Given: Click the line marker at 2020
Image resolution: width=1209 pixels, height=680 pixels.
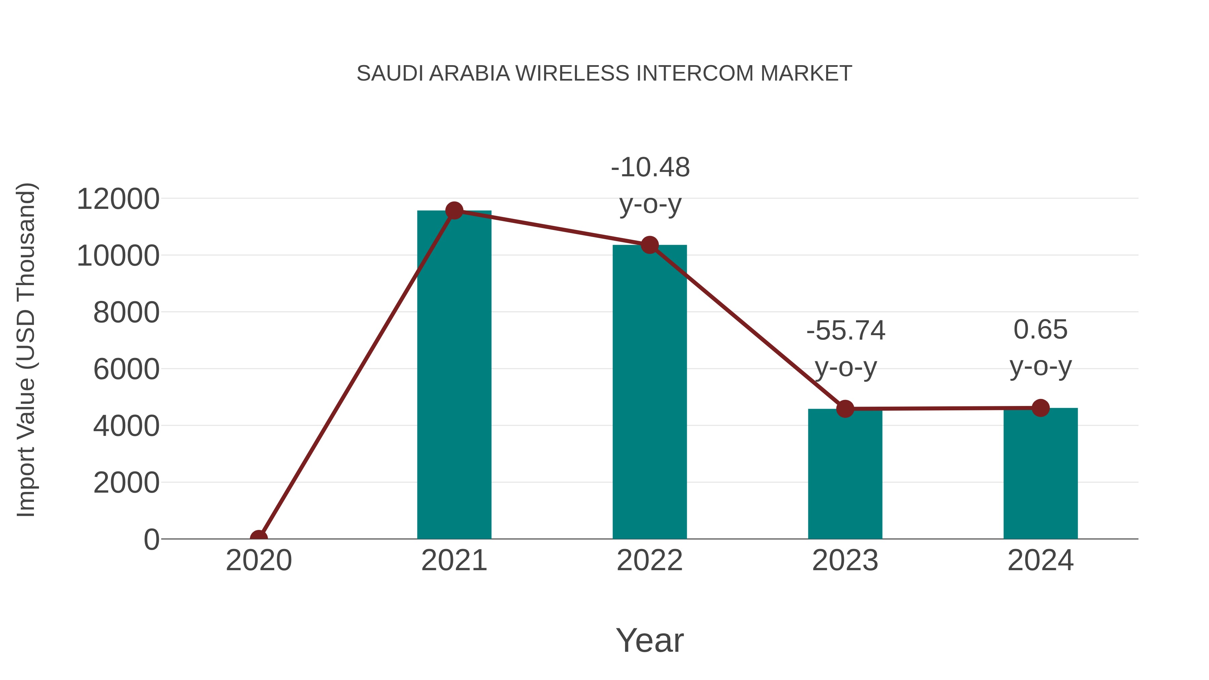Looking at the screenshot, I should [259, 538].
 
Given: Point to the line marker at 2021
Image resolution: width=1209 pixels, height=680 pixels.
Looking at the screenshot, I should [454, 211].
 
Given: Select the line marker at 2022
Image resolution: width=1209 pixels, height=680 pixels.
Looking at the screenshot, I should [650, 245].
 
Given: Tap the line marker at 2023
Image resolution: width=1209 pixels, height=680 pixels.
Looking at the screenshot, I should [845, 409].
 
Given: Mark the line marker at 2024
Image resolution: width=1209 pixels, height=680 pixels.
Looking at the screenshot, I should [1040, 408].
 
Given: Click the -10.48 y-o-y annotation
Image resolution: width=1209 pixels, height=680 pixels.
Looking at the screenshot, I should [650, 185].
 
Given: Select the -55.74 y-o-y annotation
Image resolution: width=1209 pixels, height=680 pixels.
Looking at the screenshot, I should [846, 348].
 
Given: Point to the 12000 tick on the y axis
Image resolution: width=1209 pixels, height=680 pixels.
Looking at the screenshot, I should [118, 199].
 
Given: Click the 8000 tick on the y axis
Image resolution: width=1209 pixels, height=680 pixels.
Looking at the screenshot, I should [126, 313].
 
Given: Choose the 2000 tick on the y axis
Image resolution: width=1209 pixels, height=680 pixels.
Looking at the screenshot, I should [126, 483].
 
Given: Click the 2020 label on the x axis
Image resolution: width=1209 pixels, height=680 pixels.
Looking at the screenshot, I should [259, 560].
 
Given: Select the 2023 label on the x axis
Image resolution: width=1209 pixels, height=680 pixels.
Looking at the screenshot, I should [845, 560].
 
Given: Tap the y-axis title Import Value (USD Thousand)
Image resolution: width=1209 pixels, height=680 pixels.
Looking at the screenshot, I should [26, 350].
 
